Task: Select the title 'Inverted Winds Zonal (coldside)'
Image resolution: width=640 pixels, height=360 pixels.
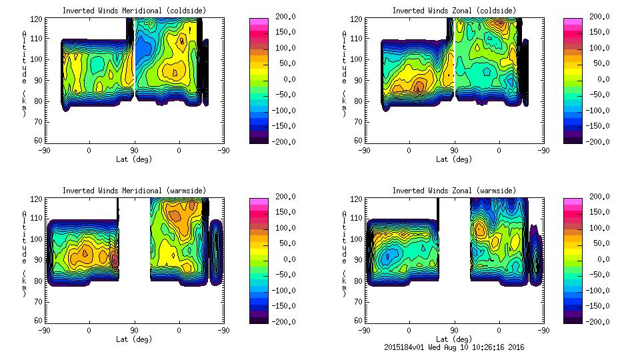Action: (x=453, y=10)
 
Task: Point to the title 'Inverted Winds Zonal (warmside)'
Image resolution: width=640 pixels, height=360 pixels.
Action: (x=454, y=190)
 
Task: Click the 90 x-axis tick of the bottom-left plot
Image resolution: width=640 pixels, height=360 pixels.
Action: (x=134, y=330)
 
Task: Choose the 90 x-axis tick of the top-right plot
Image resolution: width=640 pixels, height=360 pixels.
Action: (x=454, y=150)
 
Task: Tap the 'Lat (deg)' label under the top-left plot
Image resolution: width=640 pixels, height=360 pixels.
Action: (x=134, y=159)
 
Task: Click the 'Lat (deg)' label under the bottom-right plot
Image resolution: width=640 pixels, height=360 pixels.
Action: (x=454, y=339)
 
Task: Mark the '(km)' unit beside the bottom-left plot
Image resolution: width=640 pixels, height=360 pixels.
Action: (x=25, y=284)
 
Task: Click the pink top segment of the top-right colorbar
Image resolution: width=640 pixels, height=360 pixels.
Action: (x=572, y=21)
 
